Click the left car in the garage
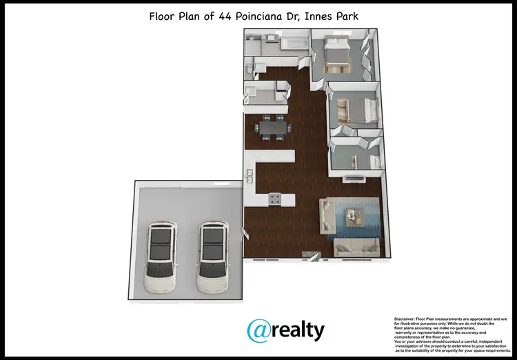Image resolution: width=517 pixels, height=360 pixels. tap(160, 257)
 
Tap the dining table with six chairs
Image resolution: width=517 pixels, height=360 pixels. tap(271, 128)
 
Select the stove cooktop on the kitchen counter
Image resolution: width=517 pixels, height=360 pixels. tap(274, 199)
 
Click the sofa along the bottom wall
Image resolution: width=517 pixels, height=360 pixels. tap(357, 247)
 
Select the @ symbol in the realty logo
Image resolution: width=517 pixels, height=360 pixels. tap(261, 330)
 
